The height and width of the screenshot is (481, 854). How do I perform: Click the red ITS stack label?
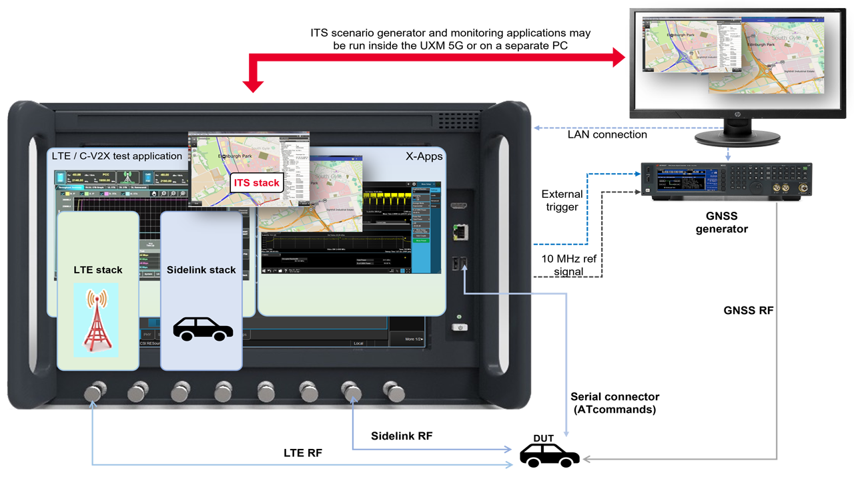256,183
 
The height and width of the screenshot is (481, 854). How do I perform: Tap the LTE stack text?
98,270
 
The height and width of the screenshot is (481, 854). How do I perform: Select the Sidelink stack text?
201,270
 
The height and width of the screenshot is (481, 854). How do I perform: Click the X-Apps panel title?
424,156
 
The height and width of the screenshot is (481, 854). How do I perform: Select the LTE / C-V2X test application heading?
117,156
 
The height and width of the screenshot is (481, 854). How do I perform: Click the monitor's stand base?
737,138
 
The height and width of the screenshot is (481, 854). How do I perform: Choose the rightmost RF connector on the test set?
394,391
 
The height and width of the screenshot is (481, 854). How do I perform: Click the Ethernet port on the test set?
458,231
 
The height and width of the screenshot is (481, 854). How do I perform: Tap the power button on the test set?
460,327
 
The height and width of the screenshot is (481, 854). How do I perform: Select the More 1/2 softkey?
414,339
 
